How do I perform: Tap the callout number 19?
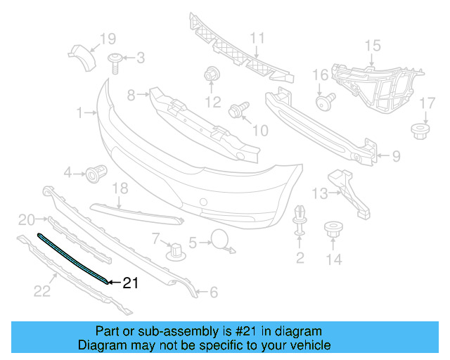[x=107, y=39]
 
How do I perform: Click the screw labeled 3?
[x=114, y=61]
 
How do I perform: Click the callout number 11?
[x=257, y=38]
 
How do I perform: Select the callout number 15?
[x=372, y=46]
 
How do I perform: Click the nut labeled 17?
[x=420, y=130]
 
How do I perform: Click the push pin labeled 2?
[x=300, y=220]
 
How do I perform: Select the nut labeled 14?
[x=332, y=231]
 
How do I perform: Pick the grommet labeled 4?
[x=95, y=172]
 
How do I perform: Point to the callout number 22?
[x=43, y=290]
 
